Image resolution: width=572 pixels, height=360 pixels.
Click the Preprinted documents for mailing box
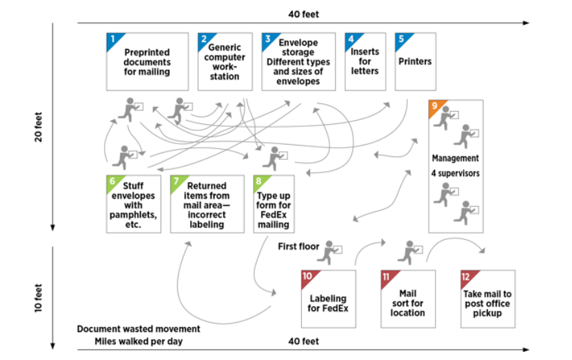click(x=147, y=61)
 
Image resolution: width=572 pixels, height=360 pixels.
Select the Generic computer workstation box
click(x=225, y=61)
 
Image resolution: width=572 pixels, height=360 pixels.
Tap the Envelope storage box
click(x=298, y=61)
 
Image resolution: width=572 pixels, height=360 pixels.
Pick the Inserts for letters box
click(x=365, y=61)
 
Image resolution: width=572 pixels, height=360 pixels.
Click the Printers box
click(x=415, y=61)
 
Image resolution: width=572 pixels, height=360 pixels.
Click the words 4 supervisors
click(x=456, y=173)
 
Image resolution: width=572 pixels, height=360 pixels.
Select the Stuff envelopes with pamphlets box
click(x=132, y=204)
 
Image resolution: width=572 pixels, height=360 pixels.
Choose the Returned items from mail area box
click(x=207, y=204)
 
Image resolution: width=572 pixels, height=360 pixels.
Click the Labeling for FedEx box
click(x=328, y=299)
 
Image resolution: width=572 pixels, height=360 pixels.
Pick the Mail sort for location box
click(x=407, y=299)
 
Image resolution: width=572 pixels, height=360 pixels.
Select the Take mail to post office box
click(x=487, y=299)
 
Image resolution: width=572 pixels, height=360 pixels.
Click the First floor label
click(x=299, y=246)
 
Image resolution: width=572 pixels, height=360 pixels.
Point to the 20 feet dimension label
click(x=39, y=127)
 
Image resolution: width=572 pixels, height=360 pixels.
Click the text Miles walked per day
click(x=138, y=341)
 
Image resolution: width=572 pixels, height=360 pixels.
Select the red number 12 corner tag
click(x=467, y=277)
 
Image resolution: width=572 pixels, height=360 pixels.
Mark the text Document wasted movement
click(x=139, y=329)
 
